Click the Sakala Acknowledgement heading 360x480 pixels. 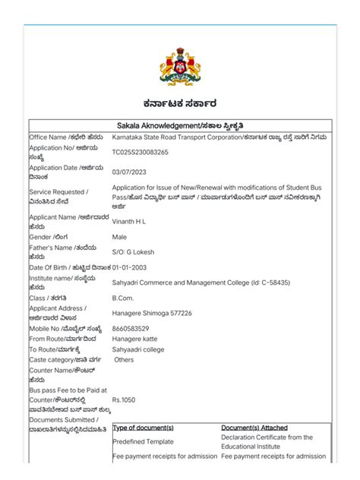point(180,125)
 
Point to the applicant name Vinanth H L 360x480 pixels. point(131,221)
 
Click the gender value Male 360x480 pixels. point(120,237)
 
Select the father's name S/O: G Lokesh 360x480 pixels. point(134,252)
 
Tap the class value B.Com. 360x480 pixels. point(123,298)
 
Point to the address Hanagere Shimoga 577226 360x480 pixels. point(152,313)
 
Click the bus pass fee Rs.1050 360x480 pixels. point(124,398)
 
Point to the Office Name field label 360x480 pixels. point(58,137)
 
